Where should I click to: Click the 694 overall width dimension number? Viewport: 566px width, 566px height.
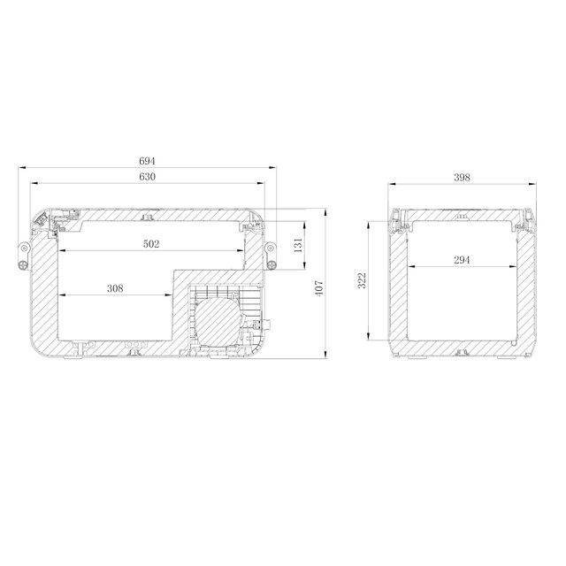tap(147, 161)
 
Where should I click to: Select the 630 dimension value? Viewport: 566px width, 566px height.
tap(147, 178)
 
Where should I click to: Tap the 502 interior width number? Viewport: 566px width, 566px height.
tap(151, 245)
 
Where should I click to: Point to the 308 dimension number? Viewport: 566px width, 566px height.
tap(114, 287)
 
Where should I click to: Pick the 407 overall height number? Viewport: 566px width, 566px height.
tap(321, 287)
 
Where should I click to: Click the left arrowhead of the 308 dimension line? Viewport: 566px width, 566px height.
tap(59, 294)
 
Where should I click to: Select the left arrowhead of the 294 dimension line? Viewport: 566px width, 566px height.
tap(409, 266)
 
